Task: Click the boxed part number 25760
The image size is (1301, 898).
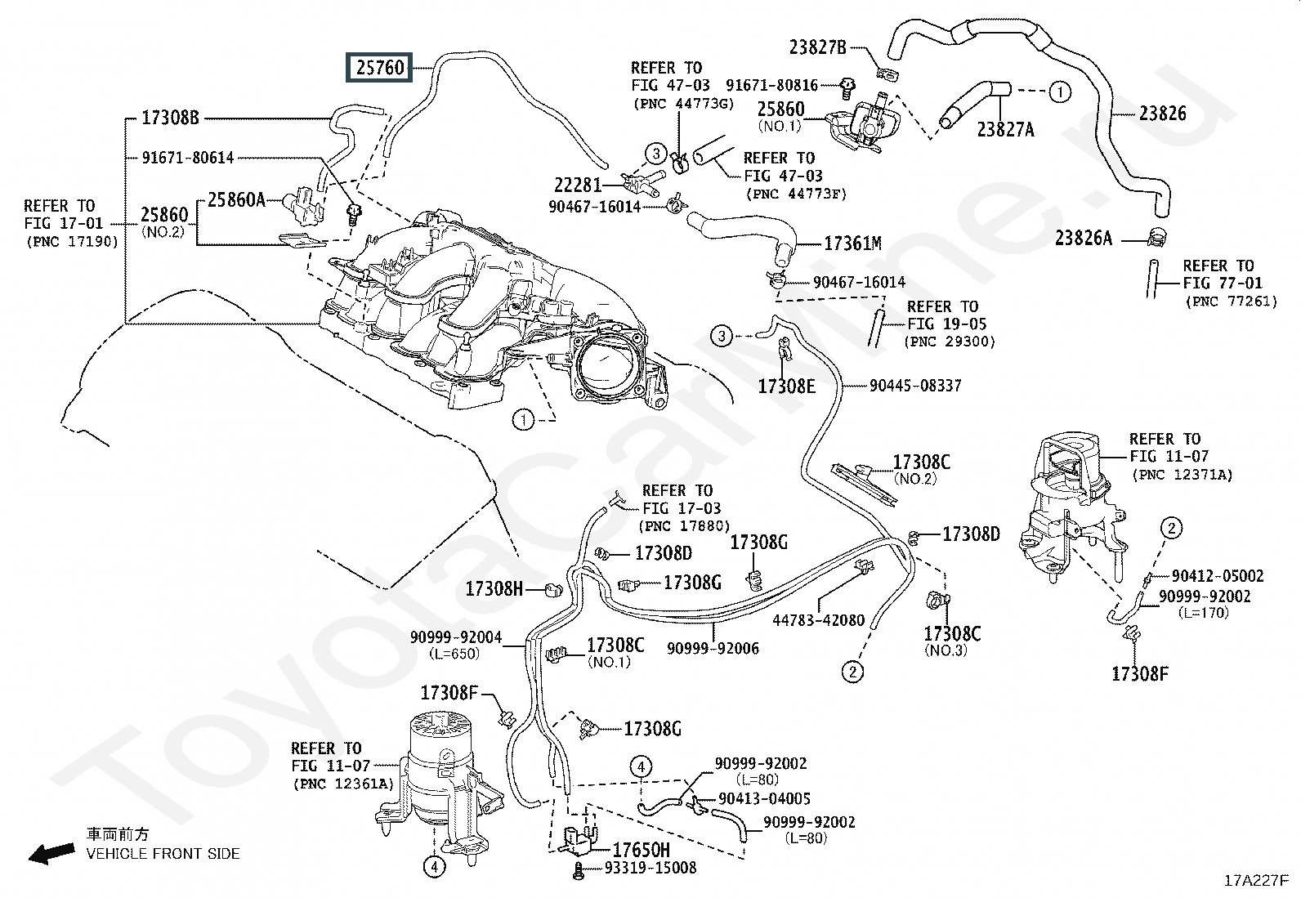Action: pos(379,67)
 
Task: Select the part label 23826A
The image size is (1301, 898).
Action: pos(1083,238)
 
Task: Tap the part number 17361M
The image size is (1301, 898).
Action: pos(852,243)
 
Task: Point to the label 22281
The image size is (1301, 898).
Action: pos(577,185)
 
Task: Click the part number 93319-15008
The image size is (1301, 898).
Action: pos(650,868)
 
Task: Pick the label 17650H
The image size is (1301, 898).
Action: pos(642,851)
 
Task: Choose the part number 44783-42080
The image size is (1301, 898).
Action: pos(818,620)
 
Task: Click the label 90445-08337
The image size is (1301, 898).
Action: pos(915,386)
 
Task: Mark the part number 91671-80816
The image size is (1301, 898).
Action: pos(772,85)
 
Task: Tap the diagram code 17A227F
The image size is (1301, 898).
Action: pos(1256,881)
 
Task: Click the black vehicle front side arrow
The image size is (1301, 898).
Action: pos(51,853)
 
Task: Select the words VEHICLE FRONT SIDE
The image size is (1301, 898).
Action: pos(163,853)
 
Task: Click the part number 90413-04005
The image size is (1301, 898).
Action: pos(764,798)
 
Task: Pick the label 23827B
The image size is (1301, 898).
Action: pos(818,47)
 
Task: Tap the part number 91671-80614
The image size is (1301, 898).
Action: pos(188,158)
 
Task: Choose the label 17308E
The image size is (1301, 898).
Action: pos(786,386)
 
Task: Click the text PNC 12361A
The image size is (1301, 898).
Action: pos(343,784)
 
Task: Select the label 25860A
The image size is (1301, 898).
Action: pos(236,200)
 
